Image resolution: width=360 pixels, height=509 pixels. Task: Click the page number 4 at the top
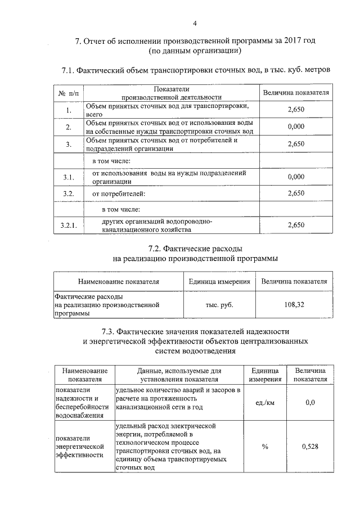click(195, 24)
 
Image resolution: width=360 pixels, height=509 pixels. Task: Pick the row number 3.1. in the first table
click(69, 178)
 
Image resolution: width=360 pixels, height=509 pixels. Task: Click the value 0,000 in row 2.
click(295, 127)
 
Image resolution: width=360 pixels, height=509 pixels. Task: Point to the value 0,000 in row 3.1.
click(295, 177)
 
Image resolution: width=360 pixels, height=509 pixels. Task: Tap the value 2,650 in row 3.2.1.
click(295, 225)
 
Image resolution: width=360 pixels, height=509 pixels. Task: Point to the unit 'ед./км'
click(264, 403)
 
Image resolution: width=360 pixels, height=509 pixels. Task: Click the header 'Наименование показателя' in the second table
click(119, 281)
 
